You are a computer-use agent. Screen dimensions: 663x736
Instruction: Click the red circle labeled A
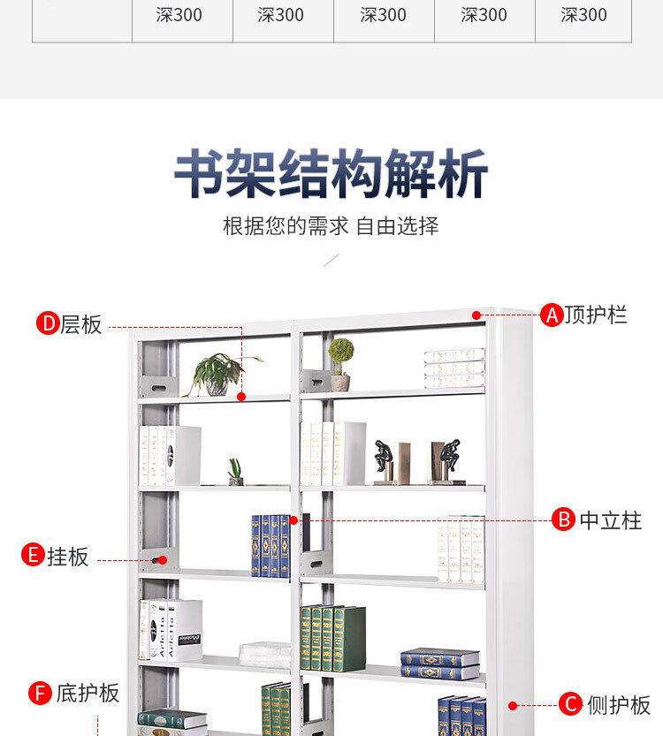point(552,315)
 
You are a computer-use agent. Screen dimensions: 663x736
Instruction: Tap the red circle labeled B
point(563,520)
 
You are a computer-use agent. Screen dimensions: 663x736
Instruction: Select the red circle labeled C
point(571,704)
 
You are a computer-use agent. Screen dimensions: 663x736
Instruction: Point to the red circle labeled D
point(47,324)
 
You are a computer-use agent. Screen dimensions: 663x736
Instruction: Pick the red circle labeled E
point(33,556)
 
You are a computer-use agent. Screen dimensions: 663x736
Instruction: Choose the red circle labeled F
point(40,693)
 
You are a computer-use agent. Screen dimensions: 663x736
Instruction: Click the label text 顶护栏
point(596,315)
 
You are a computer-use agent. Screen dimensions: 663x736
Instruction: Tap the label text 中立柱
point(610,520)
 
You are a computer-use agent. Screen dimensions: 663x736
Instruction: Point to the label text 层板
point(81,324)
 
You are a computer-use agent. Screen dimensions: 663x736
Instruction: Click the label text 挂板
point(67,557)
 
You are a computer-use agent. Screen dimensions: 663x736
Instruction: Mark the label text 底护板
point(87,693)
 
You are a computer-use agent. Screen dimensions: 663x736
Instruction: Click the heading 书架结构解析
point(331,175)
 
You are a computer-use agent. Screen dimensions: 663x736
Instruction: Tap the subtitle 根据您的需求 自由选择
point(331,226)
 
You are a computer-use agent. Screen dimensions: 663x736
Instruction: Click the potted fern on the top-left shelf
point(217,375)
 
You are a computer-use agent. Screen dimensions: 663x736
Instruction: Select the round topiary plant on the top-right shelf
point(340,362)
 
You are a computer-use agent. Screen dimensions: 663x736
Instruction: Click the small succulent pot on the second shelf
point(235,472)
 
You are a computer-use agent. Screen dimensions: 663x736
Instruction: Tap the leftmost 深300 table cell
point(182,15)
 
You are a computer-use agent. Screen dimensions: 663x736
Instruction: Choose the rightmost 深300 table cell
point(583,15)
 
